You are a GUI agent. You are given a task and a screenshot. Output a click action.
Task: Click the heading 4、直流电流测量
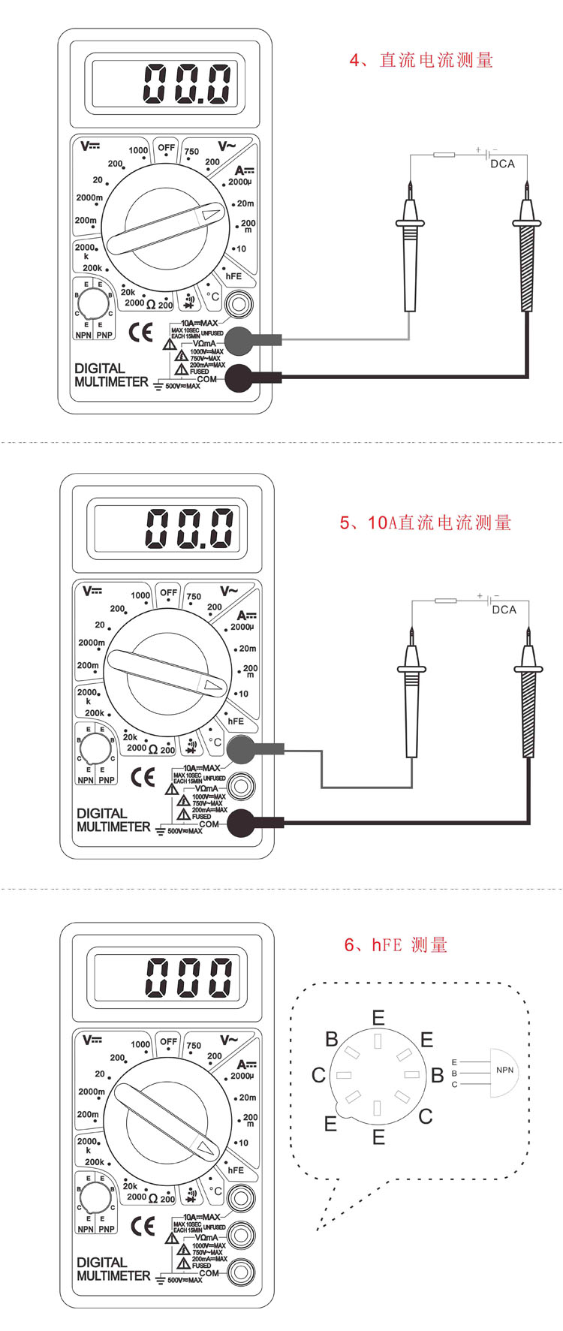pyautogui.click(x=421, y=60)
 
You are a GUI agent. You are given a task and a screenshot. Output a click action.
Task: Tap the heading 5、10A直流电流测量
pyautogui.click(x=425, y=522)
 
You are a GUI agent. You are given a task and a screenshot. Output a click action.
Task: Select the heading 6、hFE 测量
pyautogui.click(x=396, y=945)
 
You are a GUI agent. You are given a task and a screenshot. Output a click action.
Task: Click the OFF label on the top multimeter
pyautogui.click(x=167, y=148)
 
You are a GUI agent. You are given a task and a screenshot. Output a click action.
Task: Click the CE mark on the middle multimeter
pyautogui.click(x=143, y=777)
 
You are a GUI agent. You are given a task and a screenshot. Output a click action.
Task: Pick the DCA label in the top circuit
pyautogui.click(x=502, y=164)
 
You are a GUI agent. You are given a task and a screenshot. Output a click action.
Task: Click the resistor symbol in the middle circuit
pyautogui.click(x=446, y=601)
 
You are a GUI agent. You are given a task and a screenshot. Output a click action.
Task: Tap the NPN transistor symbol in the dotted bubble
pyautogui.click(x=504, y=1072)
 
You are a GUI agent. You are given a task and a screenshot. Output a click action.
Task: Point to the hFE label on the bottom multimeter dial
pyautogui.click(x=236, y=1170)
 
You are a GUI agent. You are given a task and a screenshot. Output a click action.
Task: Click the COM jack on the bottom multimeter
pyautogui.click(x=241, y=1271)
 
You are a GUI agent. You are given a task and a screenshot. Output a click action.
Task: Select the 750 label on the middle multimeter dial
pyautogui.click(x=194, y=597)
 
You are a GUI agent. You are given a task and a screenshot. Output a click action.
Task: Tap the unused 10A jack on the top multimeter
pyautogui.click(x=239, y=305)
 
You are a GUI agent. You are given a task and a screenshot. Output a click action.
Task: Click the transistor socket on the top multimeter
pyautogui.click(x=94, y=303)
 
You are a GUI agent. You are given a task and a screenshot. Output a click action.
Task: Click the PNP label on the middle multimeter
pyautogui.click(x=107, y=780)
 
